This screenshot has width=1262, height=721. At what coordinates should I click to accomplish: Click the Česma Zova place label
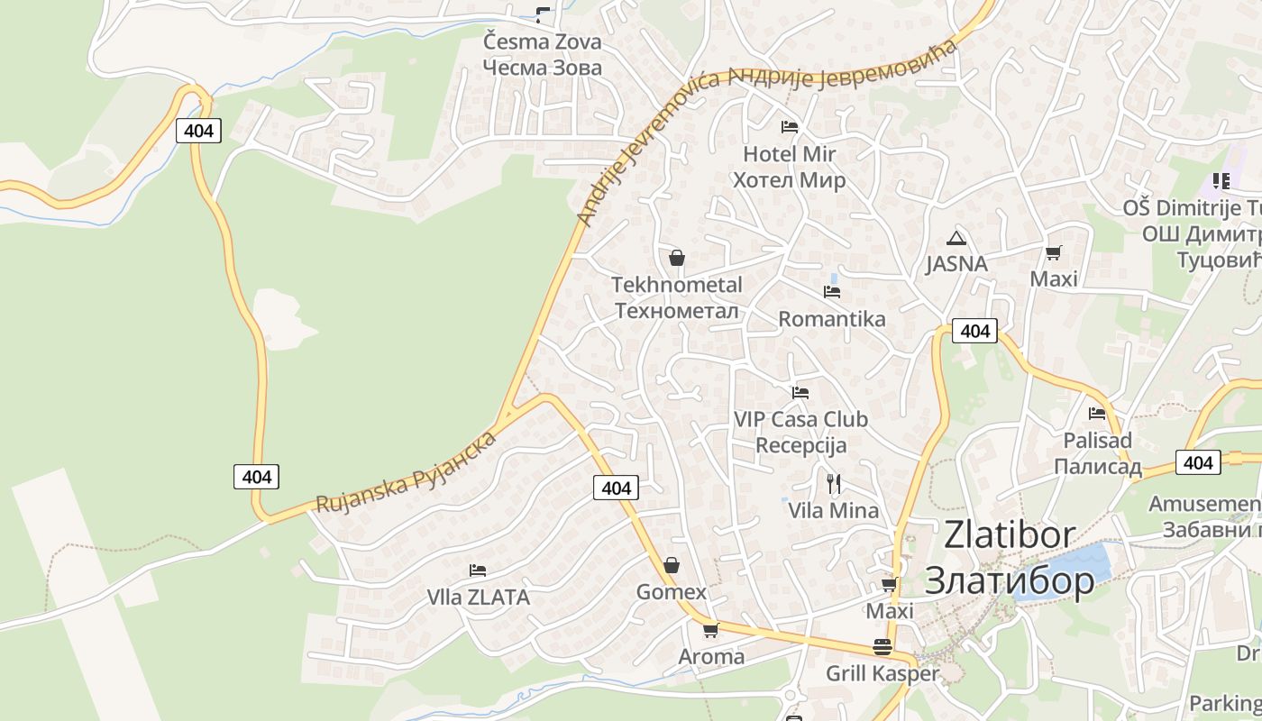point(542,42)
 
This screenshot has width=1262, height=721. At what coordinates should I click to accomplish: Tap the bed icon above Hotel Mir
point(790,127)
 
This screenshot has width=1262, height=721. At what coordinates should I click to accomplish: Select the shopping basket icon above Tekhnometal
point(677,258)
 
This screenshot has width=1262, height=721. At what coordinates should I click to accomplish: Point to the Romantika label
point(831,319)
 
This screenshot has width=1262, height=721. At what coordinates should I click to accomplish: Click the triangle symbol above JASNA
point(956,239)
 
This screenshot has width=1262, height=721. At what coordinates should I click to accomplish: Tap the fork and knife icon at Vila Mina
point(834,484)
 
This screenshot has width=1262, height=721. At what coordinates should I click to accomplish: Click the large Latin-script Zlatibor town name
point(1010,534)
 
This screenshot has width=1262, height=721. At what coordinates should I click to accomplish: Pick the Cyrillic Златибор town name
point(1010,580)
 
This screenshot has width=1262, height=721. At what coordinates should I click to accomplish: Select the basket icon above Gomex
point(672,566)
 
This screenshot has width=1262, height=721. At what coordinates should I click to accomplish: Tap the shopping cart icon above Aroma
point(710,630)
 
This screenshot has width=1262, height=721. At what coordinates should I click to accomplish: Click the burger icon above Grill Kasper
point(882,646)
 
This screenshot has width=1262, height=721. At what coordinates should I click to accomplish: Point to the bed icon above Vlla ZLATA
point(478,570)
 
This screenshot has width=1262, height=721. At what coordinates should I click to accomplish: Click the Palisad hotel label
point(1097,441)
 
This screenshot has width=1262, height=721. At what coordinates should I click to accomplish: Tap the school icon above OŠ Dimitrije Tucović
point(1221,181)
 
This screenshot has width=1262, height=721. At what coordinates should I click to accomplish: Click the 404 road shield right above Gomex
point(617,488)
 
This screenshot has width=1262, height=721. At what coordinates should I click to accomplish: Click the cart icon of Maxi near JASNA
point(1054,252)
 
